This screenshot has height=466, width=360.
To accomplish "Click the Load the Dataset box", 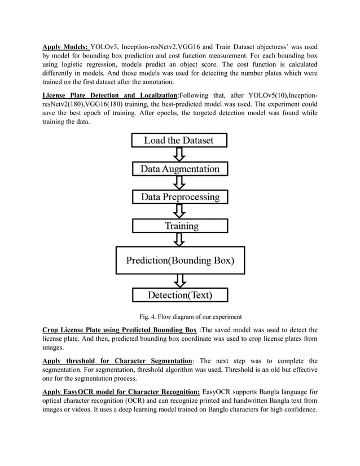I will pos(179,140).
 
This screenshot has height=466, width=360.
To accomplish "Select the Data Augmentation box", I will pos(179,169).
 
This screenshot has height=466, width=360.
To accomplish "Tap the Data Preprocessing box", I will pos(180,197).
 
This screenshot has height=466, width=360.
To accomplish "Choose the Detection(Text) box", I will pos(179,294).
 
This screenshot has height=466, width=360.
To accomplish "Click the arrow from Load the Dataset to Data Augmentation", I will pos(179,155).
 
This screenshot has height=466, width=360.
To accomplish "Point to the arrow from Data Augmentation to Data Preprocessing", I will pos(179,183).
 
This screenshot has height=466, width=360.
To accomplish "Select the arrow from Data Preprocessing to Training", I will pos(179,212).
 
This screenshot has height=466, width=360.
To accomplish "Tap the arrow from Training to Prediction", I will pos(179,239).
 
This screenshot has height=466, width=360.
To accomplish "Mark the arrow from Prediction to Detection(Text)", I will pos(179,280).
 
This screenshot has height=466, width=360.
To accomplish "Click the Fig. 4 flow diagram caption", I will pos(180,316).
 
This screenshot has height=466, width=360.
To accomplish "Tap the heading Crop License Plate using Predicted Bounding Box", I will pos(120,329).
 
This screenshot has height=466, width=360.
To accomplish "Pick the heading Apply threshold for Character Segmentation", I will pos(117,361).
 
